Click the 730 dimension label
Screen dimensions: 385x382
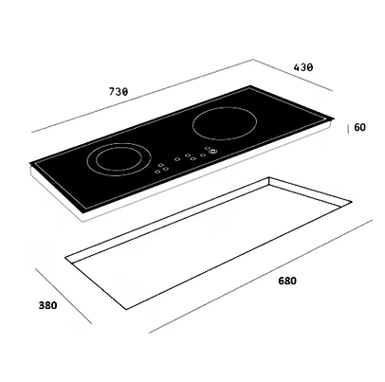point(119,92)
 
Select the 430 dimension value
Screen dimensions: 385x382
point(303,67)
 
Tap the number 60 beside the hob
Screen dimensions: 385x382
point(359,127)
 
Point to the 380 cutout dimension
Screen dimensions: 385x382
point(48,305)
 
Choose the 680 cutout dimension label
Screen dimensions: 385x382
point(287,281)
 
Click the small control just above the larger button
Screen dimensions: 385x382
point(207,148)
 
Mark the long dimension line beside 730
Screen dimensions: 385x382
point(142,96)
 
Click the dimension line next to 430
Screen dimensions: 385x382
point(293,75)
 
